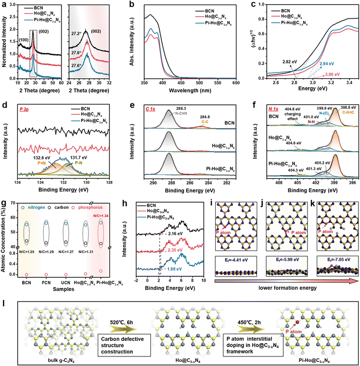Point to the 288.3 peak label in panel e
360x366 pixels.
click(x=169, y=107)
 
